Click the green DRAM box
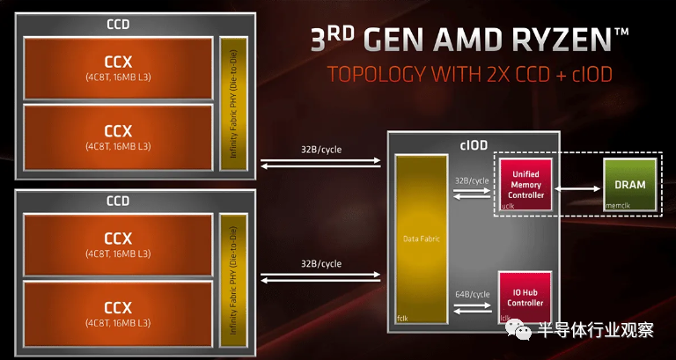(x=630, y=185)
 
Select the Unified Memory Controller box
(x=525, y=185)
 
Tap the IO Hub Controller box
(x=525, y=297)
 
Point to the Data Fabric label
(x=422, y=239)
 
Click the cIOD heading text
(x=474, y=145)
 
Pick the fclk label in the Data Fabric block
(x=402, y=319)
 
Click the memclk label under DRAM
(x=618, y=206)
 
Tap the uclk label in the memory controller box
(x=507, y=206)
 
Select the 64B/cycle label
(x=473, y=295)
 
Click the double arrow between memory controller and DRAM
(x=577, y=188)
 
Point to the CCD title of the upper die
(x=118, y=24)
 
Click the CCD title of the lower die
(x=118, y=201)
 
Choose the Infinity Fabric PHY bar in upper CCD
(x=233, y=104)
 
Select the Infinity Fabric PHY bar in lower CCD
(x=233, y=280)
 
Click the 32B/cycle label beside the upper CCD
(x=320, y=150)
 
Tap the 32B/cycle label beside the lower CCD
(x=320, y=263)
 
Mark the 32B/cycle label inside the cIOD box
(x=472, y=180)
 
